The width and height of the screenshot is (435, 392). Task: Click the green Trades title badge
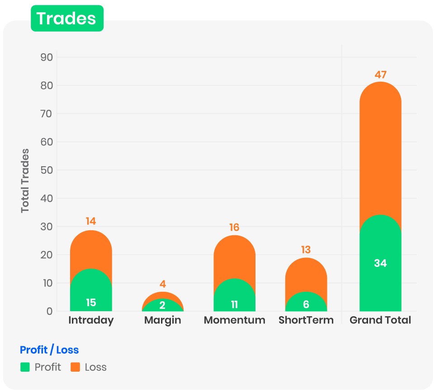click(67, 19)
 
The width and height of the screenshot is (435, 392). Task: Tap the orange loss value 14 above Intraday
click(91, 221)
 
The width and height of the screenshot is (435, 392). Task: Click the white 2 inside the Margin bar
click(162, 305)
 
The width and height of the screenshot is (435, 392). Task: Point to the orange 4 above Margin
click(163, 285)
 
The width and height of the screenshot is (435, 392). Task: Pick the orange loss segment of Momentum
click(234, 257)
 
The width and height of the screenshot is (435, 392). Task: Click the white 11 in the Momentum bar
click(234, 304)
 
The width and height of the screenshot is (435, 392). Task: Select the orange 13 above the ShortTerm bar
click(306, 250)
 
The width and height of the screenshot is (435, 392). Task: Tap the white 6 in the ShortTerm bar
click(306, 304)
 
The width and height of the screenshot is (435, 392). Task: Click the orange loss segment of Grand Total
click(380, 149)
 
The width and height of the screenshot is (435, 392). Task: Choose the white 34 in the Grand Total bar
click(380, 263)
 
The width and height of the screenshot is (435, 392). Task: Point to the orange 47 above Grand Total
click(381, 75)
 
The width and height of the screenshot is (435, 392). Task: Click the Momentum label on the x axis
click(234, 320)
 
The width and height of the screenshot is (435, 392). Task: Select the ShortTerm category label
click(306, 320)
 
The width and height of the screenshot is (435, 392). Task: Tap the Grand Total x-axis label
click(380, 320)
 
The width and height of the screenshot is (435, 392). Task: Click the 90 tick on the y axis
click(47, 57)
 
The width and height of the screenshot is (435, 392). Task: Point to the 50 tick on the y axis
click(47, 170)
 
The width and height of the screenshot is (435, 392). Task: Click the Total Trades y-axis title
click(25, 181)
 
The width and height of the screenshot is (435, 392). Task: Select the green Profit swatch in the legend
click(25, 367)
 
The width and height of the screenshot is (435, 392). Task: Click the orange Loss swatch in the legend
click(75, 367)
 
